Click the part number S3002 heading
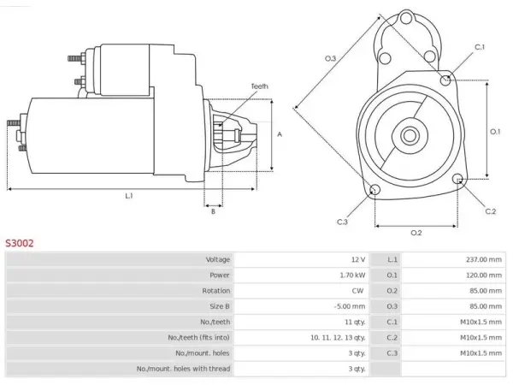point(20,243)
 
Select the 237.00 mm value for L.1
point(484,259)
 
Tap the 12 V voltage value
point(358,259)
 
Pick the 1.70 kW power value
point(352,275)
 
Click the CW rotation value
point(357,291)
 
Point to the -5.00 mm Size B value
point(350,306)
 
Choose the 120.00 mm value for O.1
point(484,275)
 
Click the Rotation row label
point(216,291)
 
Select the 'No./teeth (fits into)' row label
point(199,338)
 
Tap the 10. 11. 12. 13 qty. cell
point(338,338)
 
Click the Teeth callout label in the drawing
point(259,86)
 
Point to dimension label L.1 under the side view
point(129,196)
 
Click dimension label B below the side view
point(213,211)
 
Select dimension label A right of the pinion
point(280,134)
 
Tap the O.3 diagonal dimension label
point(330,58)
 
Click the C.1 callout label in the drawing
point(480,47)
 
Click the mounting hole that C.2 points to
point(458,179)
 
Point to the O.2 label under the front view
point(416,233)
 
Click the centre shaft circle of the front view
point(410,135)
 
